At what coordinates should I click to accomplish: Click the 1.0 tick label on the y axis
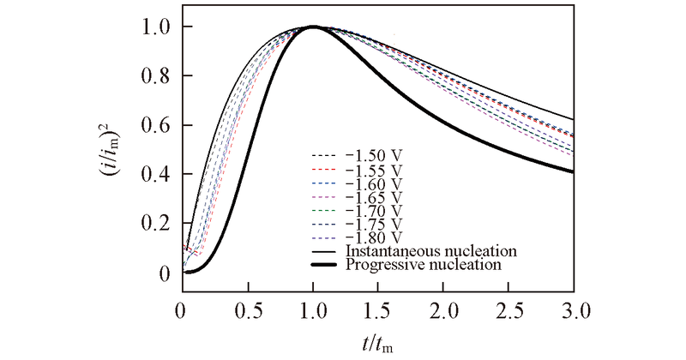click(x=154, y=27)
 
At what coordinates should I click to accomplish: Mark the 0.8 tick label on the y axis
click(x=154, y=76)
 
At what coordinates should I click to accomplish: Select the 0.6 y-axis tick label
click(x=154, y=126)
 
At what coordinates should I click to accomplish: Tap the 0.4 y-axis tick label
click(x=154, y=175)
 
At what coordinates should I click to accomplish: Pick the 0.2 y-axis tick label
click(x=154, y=225)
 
